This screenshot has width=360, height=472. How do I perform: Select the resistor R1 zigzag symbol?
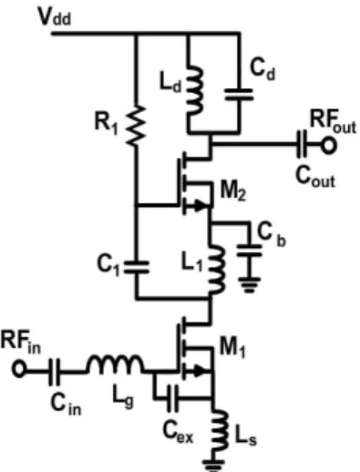tap(136, 125)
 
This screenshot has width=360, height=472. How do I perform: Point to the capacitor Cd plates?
tap(239, 94)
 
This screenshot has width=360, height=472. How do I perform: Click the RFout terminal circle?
tap(328, 146)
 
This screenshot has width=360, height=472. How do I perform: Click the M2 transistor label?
tap(232, 190)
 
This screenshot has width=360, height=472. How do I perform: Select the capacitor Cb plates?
tap(249, 251)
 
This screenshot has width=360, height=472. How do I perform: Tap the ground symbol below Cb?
tap(250, 284)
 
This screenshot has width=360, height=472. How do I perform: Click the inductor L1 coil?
tap(216, 270)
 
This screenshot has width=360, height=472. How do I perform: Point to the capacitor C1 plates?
tap(136, 267)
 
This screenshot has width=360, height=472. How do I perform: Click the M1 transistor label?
tap(232, 347)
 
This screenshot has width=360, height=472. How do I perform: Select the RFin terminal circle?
tap(19, 369)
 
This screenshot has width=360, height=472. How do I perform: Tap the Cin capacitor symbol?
tap(55, 372)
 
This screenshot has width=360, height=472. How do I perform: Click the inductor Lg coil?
tap(115, 363)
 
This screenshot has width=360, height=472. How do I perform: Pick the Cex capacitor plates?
tap(172, 398)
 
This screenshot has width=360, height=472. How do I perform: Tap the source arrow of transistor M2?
tap(201, 205)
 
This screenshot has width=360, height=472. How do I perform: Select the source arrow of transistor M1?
tap(201, 371)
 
